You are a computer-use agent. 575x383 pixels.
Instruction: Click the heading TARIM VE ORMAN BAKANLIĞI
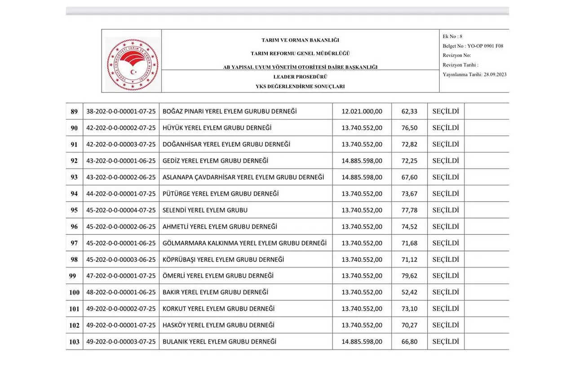[300, 40]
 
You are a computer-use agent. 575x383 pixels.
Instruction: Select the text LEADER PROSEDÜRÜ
[300, 77]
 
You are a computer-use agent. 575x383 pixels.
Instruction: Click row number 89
[74, 111]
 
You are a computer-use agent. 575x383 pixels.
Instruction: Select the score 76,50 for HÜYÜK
[409, 128]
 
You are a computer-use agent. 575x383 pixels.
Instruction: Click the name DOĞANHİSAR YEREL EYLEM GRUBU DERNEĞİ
[226, 144]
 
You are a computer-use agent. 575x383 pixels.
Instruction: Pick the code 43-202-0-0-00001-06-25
[121, 161]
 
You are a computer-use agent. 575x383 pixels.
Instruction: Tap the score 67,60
[409, 177]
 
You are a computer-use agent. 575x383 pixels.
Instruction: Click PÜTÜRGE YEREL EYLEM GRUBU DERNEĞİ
[221, 194]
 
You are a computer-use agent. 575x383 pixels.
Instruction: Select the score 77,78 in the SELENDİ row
[409, 210]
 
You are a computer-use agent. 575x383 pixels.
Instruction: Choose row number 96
[74, 227]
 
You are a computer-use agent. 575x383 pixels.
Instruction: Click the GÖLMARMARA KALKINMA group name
[244, 243]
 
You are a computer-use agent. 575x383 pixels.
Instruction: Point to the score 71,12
[409, 260]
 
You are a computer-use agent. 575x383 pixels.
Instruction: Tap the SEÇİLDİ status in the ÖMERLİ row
[445, 276]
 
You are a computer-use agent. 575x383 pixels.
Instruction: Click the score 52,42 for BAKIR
[409, 292]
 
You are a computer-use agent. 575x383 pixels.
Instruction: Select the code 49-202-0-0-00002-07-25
[121, 309]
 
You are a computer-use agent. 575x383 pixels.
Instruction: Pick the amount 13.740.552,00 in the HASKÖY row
[362, 325]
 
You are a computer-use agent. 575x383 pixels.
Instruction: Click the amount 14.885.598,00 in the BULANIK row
[362, 342]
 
